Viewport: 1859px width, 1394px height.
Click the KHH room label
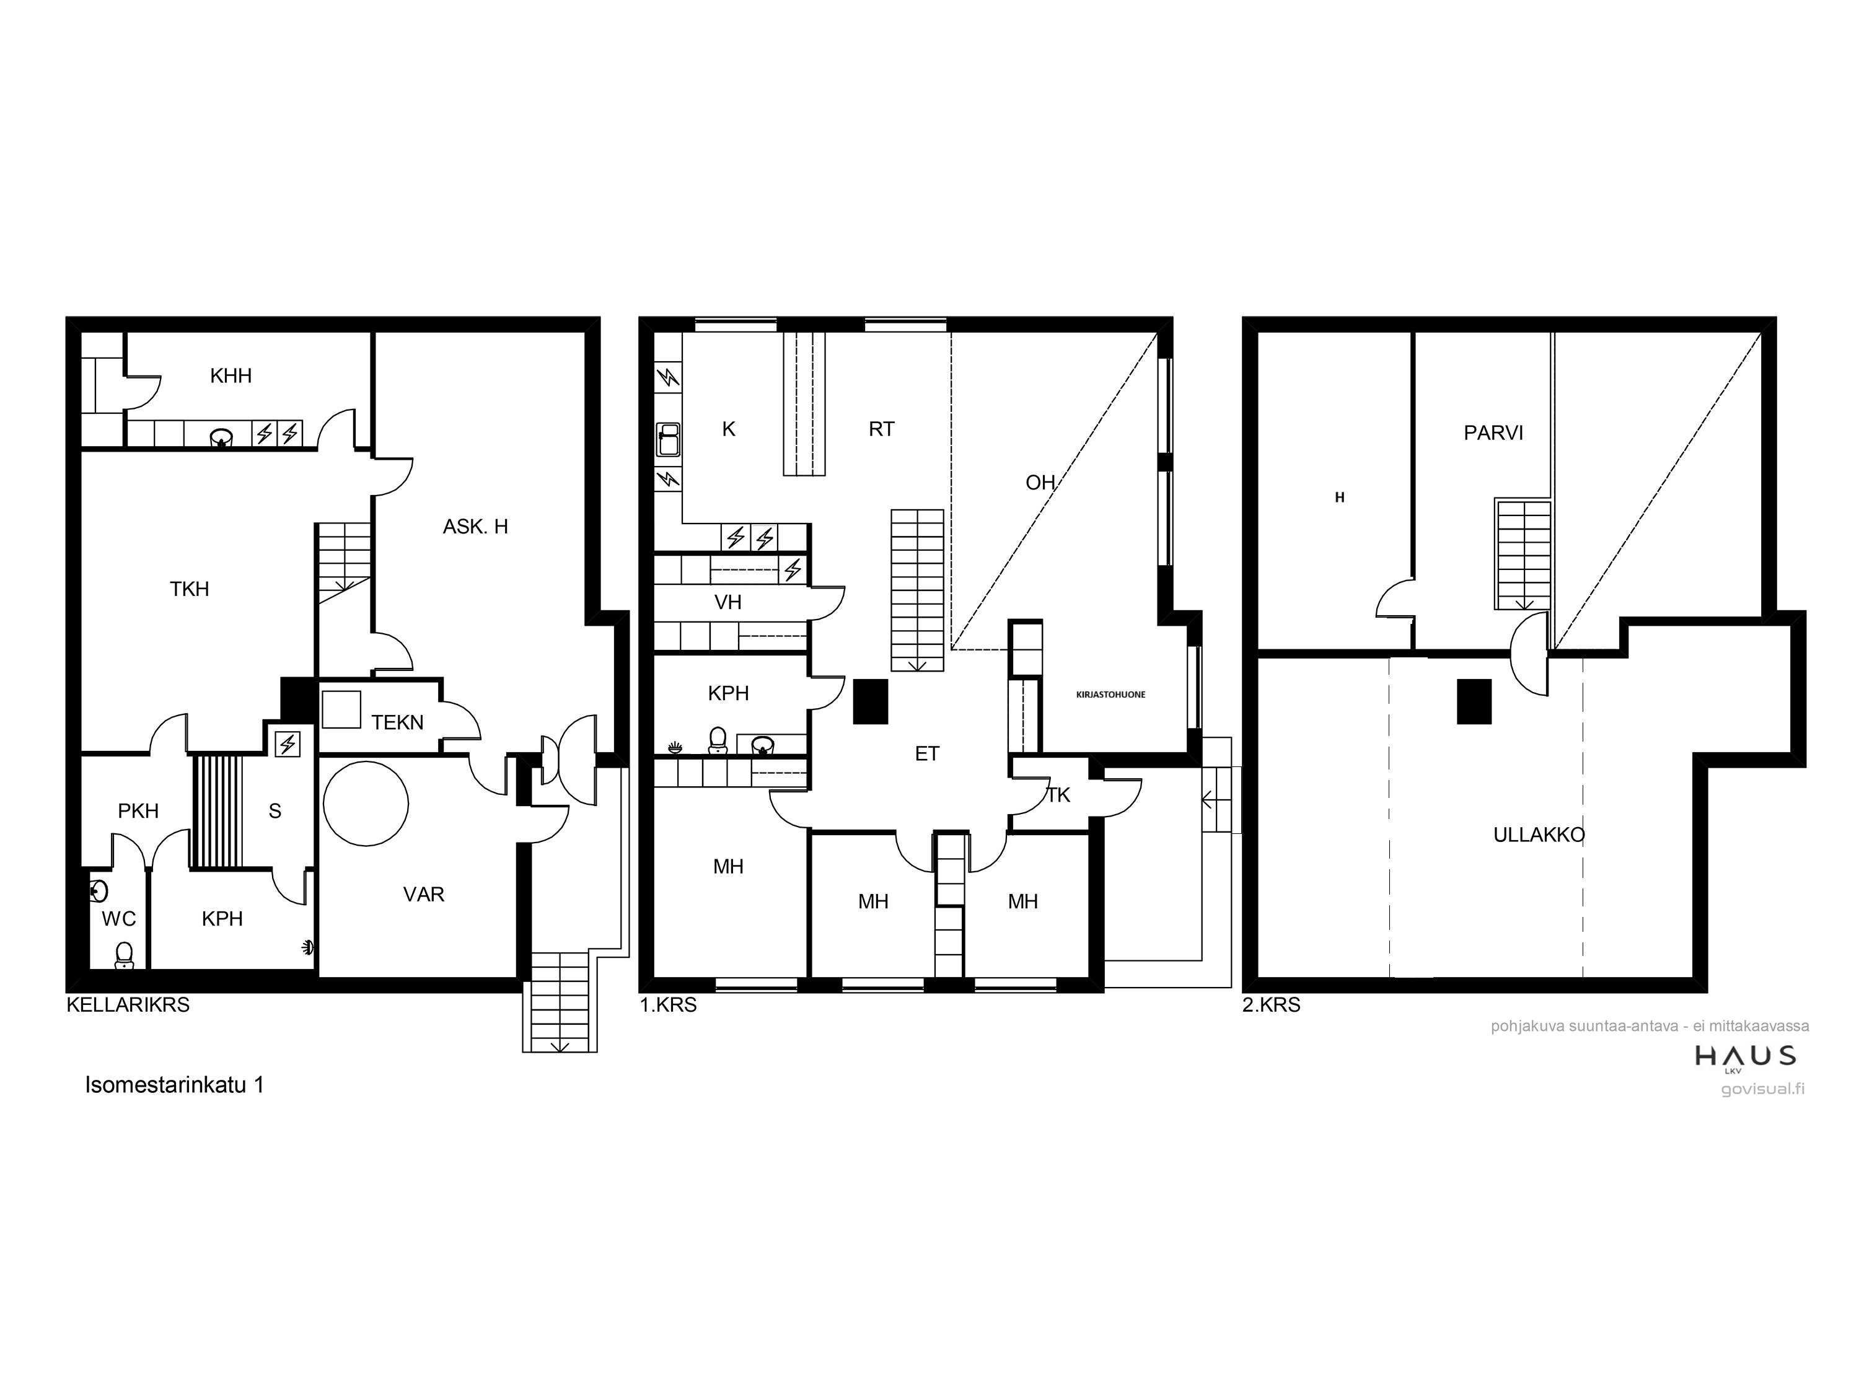(231, 375)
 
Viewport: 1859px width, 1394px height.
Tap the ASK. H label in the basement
(476, 527)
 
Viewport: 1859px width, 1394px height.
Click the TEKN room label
(398, 722)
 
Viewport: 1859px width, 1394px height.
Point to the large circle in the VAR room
(366, 804)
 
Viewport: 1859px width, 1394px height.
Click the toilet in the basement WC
(125, 955)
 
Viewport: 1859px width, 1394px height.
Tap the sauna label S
(275, 812)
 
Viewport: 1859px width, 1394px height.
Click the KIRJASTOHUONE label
(1110, 695)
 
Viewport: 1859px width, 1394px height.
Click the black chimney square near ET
(871, 701)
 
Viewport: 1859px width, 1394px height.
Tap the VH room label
(728, 602)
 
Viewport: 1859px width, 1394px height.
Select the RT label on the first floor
(882, 429)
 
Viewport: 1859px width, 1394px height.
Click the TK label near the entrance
(1058, 795)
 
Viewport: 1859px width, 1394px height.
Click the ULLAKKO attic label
(1539, 835)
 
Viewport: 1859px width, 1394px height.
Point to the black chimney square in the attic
(1474, 701)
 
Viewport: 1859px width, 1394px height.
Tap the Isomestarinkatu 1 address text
(175, 1085)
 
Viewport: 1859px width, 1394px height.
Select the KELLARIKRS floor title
(128, 1005)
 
